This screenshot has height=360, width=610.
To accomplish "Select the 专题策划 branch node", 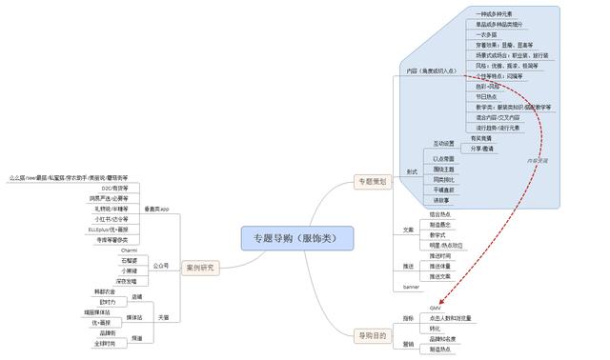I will pyautogui.click(x=370, y=180).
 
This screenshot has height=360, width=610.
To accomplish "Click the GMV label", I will pyautogui.click(x=436, y=307).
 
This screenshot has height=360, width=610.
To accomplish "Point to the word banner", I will pyautogui.click(x=412, y=286).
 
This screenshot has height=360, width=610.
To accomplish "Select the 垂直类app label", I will pyautogui.click(x=157, y=208).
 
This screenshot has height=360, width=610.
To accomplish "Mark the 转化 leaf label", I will pyautogui.click(x=437, y=329).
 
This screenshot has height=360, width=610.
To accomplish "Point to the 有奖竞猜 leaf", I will pyautogui.click(x=482, y=137).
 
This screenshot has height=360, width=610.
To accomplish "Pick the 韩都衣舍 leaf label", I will pyautogui.click(x=106, y=290).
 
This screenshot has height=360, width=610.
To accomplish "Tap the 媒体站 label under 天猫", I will pyautogui.click(x=135, y=317).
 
